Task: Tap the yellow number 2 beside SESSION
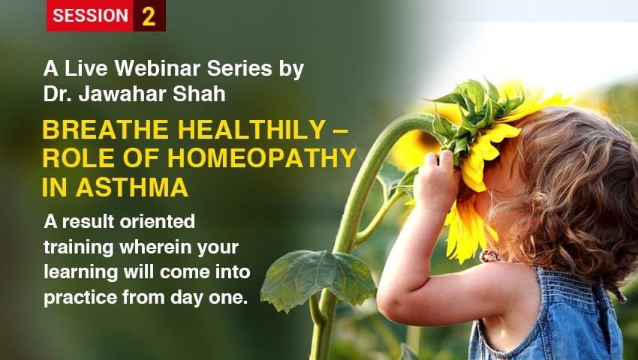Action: [149, 16]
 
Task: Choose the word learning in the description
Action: [80, 271]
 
